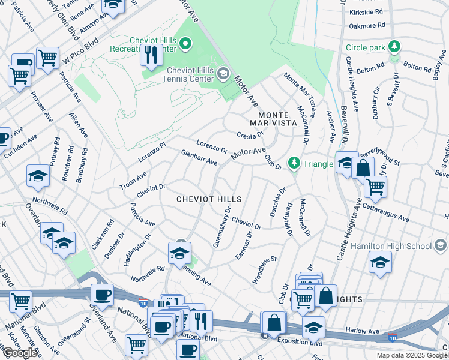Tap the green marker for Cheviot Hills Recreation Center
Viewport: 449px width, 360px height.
pyautogui.click(x=185, y=43)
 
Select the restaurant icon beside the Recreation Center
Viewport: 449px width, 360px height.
pyautogui.click(x=150, y=55)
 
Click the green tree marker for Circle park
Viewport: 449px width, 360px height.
pyautogui.click(x=394, y=47)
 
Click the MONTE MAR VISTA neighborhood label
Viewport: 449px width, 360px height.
pyautogui.click(x=277, y=118)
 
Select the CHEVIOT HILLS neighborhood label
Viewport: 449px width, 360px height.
pyautogui.click(x=208, y=199)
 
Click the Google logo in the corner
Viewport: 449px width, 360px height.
pyautogui.click(x=20, y=353)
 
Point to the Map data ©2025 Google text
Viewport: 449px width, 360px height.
pyautogui.click(x=412, y=355)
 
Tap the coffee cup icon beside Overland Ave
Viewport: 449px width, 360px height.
pyautogui.click(x=102, y=295)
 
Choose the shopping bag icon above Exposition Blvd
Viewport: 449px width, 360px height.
pyautogui.click(x=274, y=322)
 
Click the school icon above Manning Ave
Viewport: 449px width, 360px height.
pyautogui.click(x=179, y=253)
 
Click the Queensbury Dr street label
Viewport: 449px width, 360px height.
pyautogui.click(x=221, y=227)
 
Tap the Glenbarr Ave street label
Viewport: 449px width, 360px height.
pyautogui.click(x=199, y=158)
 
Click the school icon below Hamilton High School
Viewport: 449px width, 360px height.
pyautogui.click(x=379, y=262)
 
